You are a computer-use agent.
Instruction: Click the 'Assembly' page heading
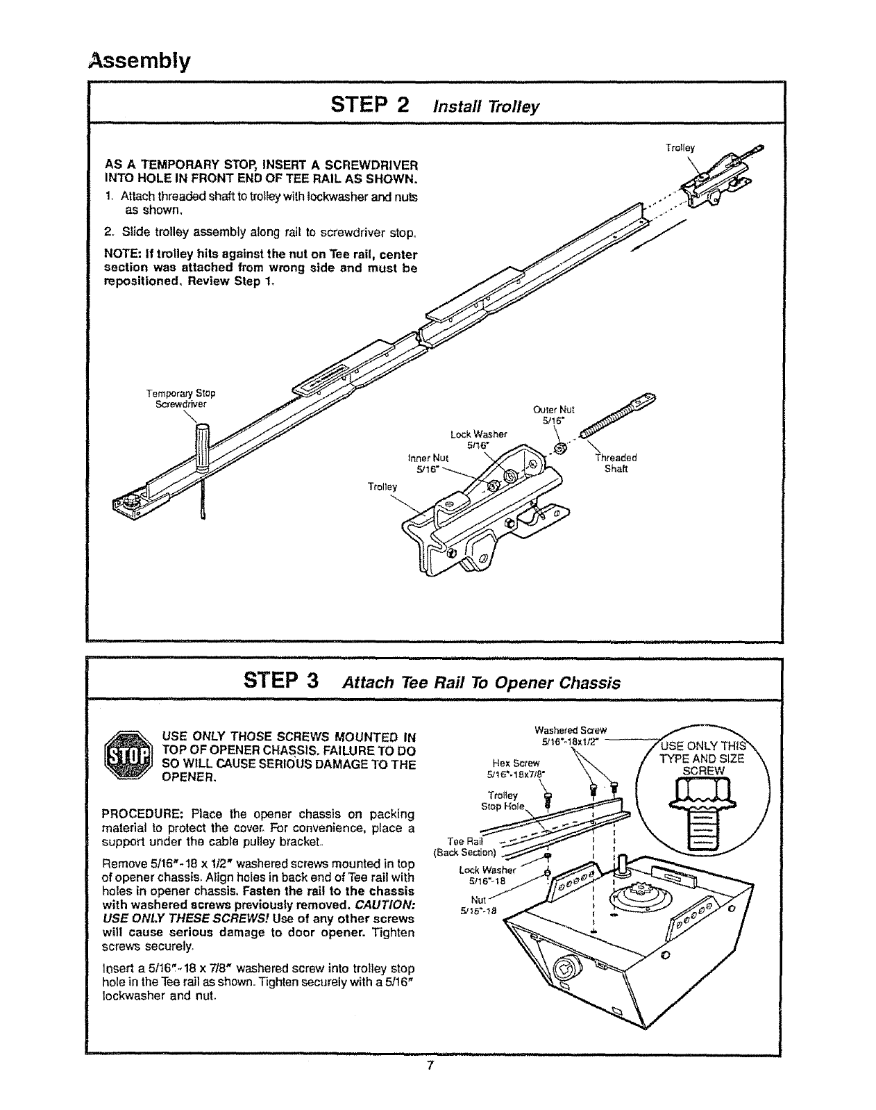(138, 62)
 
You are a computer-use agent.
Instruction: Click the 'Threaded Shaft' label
(616, 463)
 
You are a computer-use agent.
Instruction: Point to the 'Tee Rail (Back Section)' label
(464, 847)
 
